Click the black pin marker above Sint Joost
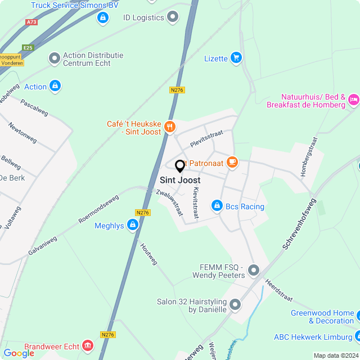click(x=180, y=166)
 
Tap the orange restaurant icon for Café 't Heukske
click(x=169, y=128)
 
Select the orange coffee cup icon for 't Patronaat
click(x=232, y=163)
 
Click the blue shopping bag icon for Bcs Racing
click(x=217, y=206)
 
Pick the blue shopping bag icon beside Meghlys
click(x=132, y=226)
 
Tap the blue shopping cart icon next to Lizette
click(x=236, y=58)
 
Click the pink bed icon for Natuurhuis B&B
click(x=353, y=100)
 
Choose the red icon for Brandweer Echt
click(x=88, y=345)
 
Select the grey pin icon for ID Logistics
click(x=173, y=17)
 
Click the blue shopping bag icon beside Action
click(x=55, y=86)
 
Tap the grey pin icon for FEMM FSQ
click(x=254, y=271)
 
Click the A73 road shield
click(x=31, y=22)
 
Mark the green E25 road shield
click(x=28, y=48)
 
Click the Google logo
click(x=19, y=353)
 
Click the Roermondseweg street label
click(x=98, y=209)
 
